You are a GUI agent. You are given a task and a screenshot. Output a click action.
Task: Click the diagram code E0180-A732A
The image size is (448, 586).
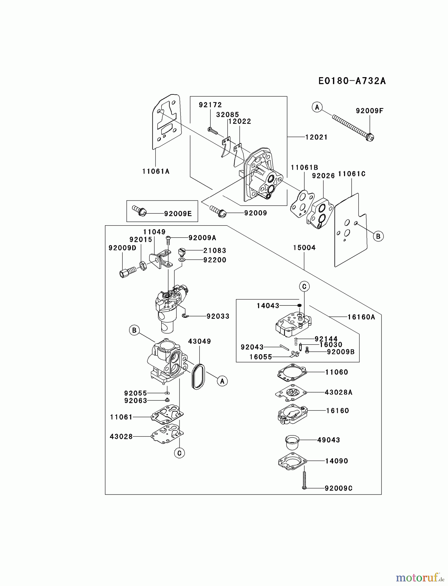pyautogui.click(x=352, y=81)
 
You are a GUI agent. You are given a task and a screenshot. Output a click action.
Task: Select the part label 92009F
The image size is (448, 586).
pyautogui.click(x=369, y=111)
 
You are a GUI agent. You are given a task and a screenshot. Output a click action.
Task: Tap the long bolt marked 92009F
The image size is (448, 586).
pyautogui.click(x=352, y=127)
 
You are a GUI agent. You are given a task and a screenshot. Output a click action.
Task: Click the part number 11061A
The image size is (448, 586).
pyautogui.click(x=156, y=171)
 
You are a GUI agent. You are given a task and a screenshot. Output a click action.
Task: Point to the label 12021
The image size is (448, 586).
pyautogui.click(x=316, y=137)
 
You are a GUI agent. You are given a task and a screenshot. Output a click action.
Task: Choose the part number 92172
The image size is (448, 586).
pyautogui.click(x=210, y=105)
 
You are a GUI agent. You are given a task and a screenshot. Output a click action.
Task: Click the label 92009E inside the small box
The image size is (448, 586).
pyautogui.click(x=178, y=214)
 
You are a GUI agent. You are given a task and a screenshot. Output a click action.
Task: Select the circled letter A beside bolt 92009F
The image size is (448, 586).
pyautogui.click(x=317, y=107)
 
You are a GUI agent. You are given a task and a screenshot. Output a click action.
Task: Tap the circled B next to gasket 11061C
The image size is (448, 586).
pyautogui.click(x=378, y=236)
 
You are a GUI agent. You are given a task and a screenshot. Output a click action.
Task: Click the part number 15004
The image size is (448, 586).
pyautogui.click(x=304, y=247)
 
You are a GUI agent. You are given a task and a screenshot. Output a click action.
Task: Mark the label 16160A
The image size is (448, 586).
pyautogui.click(x=361, y=317)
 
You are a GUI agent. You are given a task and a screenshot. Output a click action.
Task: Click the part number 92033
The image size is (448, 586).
pyautogui.click(x=218, y=316)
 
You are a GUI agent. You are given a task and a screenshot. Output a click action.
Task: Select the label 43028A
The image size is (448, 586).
pyautogui.click(x=339, y=392)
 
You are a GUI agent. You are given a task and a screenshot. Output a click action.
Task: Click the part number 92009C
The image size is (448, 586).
pyautogui.click(x=339, y=488)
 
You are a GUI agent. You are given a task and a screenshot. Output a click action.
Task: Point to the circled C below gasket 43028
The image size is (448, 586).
pyautogui.click(x=179, y=453)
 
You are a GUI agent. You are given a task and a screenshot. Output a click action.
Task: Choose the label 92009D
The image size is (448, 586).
pyautogui.click(x=122, y=248)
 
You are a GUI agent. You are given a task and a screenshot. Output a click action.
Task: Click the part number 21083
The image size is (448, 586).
pyautogui.click(x=214, y=250)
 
